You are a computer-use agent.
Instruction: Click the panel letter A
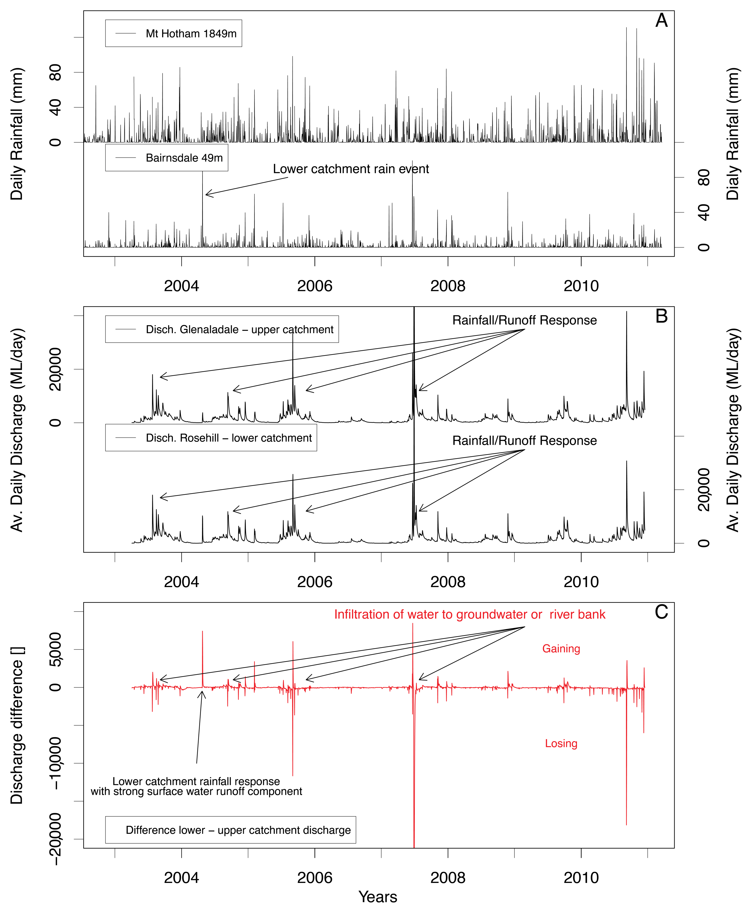[x=661, y=21]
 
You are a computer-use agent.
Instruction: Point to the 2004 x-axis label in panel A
[x=181, y=286]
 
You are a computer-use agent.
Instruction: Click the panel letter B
[x=661, y=316]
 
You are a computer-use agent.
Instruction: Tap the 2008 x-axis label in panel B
[x=448, y=582]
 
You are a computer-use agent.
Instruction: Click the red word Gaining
[x=561, y=649]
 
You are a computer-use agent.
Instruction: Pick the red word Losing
[x=561, y=744]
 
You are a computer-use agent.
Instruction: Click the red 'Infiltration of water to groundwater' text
[x=469, y=615]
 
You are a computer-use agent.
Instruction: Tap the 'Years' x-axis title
[x=378, y=897]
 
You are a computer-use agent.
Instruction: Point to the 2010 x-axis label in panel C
[x=581, y=878]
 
